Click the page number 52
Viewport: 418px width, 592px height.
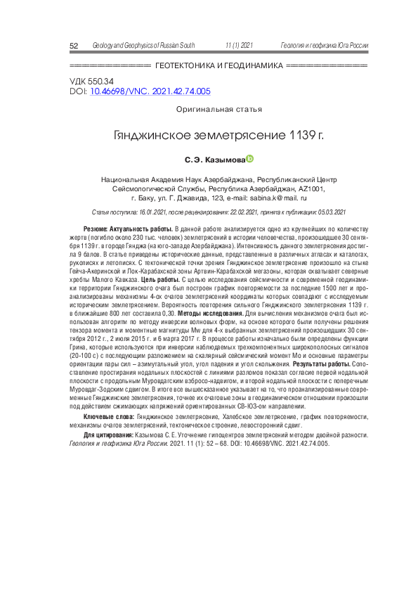point(73,46)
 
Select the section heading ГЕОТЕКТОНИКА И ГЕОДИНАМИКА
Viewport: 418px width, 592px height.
point(218,65)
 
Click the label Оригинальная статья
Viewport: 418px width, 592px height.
point(219,109)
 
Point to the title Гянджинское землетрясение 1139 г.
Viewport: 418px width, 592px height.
point(219,135)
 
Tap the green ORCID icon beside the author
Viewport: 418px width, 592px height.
point(249,160)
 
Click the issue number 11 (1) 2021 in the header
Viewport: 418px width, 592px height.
point(239,46)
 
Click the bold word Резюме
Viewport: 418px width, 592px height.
point(94,230)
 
